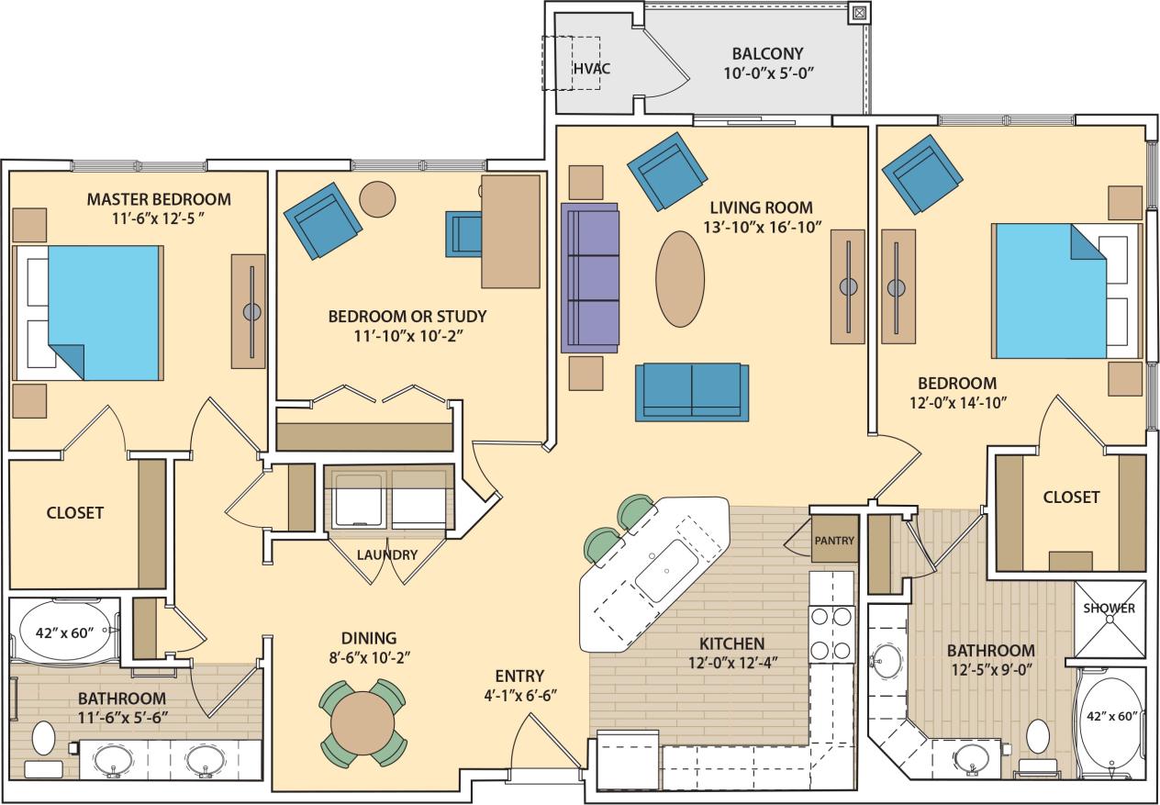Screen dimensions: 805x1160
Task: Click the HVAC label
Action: coord(592,69)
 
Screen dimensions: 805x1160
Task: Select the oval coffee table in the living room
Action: coord(681,278)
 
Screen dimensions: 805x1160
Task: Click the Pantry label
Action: coord(834,541)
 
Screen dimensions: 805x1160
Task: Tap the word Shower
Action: coord(1110,609)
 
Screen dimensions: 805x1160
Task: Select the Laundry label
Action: coord(387,555)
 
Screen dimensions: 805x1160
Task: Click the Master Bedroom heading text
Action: coord(159,199)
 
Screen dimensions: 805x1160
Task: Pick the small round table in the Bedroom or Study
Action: coord(377,198)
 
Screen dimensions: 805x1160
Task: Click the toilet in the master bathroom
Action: coord(43,738)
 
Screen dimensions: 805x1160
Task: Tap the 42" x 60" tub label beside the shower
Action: coord(1111,716)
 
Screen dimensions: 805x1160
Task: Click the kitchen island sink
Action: coord(666,568)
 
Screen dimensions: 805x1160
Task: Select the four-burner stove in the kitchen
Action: coord(831,633)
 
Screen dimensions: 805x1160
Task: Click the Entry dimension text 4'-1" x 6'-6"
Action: coord(519,695)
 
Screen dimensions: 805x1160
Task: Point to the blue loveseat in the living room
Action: coord(692,392)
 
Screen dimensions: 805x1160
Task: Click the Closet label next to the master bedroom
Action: coord(75,513)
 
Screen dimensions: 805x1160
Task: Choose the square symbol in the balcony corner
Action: coord(859,13)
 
